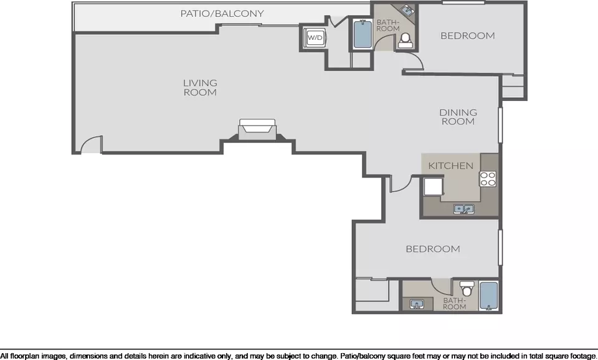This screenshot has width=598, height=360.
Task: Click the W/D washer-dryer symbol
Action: [315, 38]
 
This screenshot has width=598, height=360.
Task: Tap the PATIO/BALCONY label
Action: [222, 14]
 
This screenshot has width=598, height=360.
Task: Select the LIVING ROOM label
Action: [200, 87]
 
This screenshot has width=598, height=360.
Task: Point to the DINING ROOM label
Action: [458, 116]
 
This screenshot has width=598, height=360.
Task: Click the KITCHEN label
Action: [451, 166]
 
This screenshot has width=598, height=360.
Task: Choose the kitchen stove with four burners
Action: [488, 179]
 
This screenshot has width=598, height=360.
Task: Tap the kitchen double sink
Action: [463, 209]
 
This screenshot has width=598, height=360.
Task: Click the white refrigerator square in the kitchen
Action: [434, 186]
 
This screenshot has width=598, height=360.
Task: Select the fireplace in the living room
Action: [257, 130]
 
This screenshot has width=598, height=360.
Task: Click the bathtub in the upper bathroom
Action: [363, 34]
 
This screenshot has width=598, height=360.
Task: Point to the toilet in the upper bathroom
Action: [405, 40]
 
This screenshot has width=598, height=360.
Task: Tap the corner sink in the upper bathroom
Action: [406, 11]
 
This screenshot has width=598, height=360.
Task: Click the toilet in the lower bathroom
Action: [467, 288]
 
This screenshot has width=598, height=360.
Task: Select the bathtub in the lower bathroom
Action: [488, 296]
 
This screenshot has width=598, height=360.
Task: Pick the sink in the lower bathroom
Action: [417, 305]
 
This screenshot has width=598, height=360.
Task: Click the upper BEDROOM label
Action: [468, 36]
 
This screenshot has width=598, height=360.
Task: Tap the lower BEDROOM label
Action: [433, 249]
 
